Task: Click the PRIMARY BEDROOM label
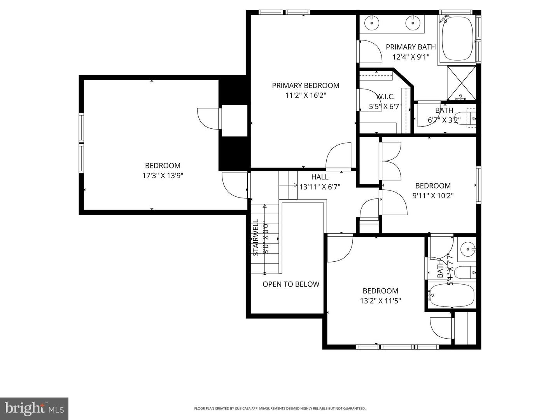pos(305,86)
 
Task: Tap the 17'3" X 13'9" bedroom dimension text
pos(163,176)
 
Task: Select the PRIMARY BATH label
pos(411,47)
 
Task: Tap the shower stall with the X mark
pos(461,83)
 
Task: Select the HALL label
pos(320,177)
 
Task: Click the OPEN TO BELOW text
pos(291,284)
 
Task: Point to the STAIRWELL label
pos(256,237)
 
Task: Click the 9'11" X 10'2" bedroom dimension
pos(433,196)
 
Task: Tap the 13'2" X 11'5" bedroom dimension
pos(380,301)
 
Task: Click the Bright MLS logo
pos(34,408)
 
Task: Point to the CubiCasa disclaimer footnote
pos(280,408)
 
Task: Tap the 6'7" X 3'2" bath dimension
pos(444,120)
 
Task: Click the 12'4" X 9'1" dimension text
pos(411,57)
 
